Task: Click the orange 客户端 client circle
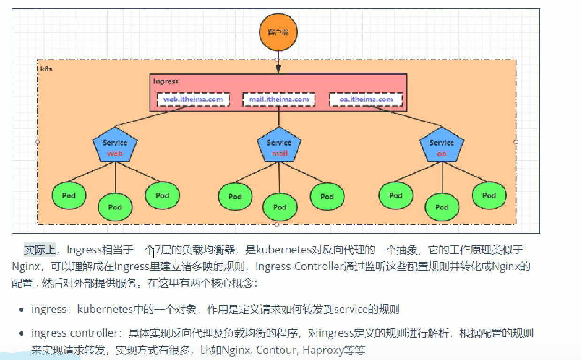(x=277, y=32)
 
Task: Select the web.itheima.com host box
(x=193, y=100)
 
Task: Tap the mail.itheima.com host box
(x=279, y=100)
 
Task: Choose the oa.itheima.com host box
(x=366, y=100)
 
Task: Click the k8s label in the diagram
(x=46, y=69)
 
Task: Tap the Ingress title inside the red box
(x=166, y=81)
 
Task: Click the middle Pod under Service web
(x=115, y=207)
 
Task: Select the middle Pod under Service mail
(x=280, y=207)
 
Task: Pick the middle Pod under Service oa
(x=442, y=207)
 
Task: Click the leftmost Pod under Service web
(x=68, y=196)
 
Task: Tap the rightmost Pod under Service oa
(x=489, y=196)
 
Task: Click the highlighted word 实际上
(x=40, y=250)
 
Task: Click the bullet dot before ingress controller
(x=22, y=334)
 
